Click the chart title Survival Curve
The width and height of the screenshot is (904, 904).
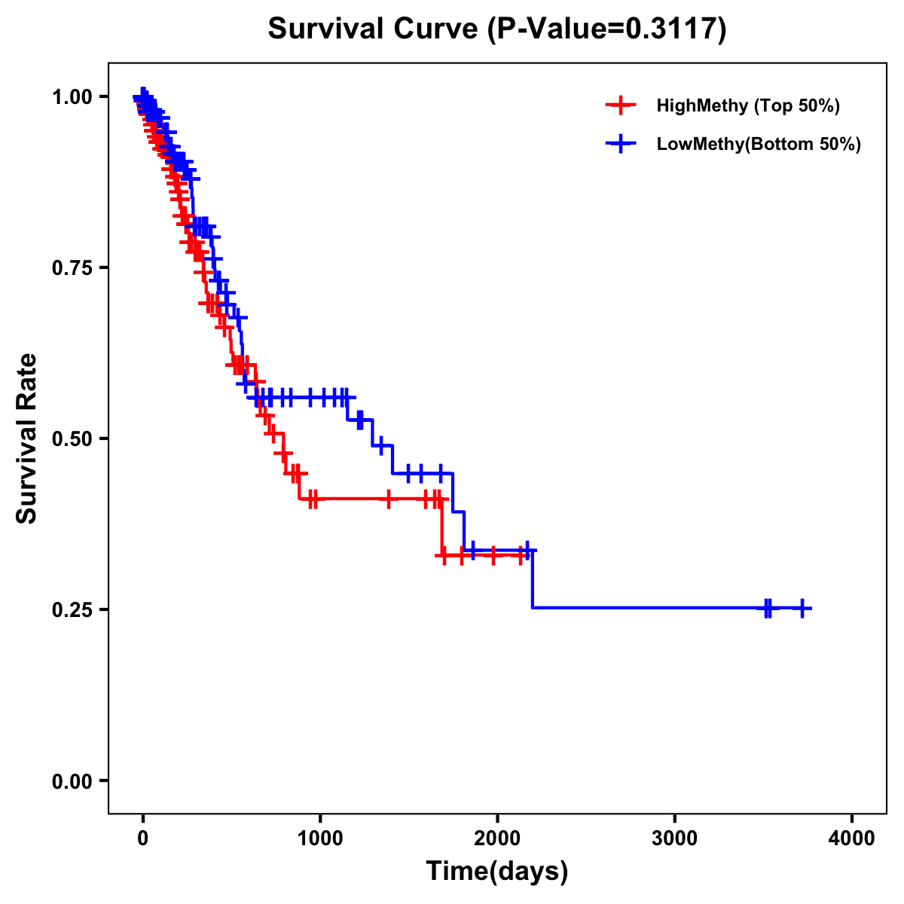coord(373,29)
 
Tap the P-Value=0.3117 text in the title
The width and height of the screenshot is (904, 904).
coord(606,29)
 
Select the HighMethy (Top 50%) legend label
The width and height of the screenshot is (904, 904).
coord(747,105)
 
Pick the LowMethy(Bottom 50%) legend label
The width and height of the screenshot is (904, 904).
coord(759,145)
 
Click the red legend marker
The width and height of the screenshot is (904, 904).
coord(620,105)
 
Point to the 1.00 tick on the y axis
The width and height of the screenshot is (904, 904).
coord(71,97)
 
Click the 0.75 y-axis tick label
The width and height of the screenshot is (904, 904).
coord(71,268)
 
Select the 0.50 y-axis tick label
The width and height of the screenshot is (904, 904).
coord(71,439)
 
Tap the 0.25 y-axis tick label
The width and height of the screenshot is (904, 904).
coord(71,609)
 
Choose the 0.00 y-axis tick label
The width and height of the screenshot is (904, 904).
coord(71,781)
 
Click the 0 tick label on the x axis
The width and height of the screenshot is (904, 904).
coord(143,838)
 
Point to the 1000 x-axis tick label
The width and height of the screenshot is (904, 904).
coord(320,838)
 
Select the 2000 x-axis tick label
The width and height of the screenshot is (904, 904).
coord(497,838)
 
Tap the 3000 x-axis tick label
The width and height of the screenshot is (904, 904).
coord(675,838)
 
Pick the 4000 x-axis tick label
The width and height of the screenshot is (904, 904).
coord(852,838)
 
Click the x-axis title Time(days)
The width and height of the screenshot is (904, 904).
coord(497,872)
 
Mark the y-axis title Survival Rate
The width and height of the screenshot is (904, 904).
coord(27,438)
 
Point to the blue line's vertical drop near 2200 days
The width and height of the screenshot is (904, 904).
coord(533,580)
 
